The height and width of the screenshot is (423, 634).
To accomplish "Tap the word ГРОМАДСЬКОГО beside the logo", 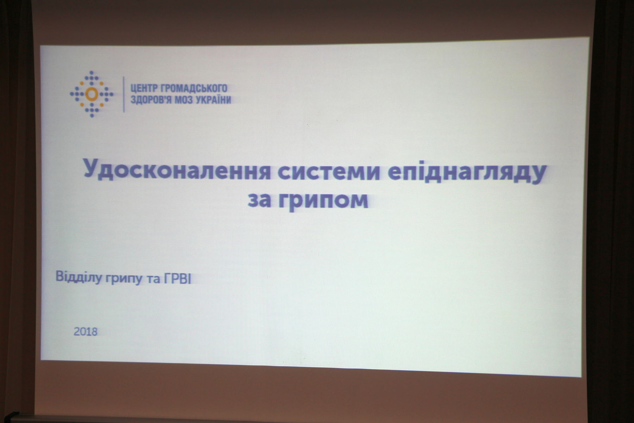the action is (191, 88).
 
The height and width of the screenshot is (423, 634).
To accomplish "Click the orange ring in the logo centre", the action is (91, 94).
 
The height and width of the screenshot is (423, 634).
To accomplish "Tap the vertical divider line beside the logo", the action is (124, 94).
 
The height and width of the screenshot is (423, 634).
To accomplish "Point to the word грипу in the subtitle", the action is (122, 279).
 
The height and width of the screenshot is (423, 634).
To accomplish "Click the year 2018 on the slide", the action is (86, 332).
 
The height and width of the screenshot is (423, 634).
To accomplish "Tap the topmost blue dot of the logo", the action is (92, 72).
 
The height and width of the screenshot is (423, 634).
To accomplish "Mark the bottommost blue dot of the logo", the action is (92, 116).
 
